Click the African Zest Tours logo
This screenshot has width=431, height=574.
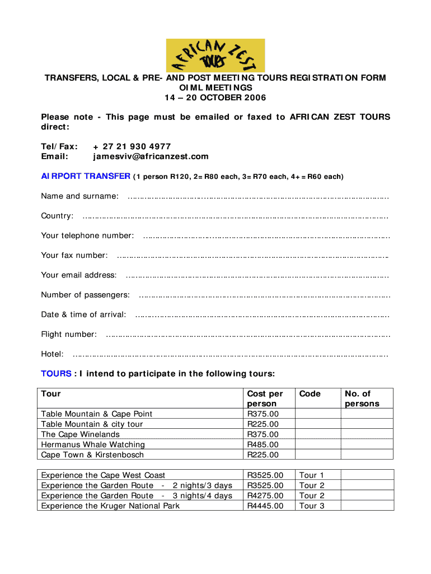click(x=215, y=55)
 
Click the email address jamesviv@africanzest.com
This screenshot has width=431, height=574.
click(x=151, y=156)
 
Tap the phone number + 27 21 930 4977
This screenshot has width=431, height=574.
click(x=132, y=146)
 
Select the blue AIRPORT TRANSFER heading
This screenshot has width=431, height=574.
click(x=86, y=176)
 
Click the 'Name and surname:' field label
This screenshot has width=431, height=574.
click(x=79, y=196)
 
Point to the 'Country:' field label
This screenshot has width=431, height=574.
click(x=57, y=216)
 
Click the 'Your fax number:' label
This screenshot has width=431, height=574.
click(x=74, y=255)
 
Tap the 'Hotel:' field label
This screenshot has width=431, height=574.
click(x=52, y=354)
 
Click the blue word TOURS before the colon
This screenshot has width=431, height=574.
click(x=56, y=374)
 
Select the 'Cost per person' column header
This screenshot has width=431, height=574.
click(x=265, y=399)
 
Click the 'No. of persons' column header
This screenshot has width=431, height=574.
click(x=362, y=399)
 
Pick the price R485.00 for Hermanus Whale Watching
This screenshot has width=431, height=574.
click(x=263, y=445)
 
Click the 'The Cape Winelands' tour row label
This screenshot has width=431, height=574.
click(x=80, y=434)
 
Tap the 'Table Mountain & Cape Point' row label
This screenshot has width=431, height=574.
click(x=96, y=414)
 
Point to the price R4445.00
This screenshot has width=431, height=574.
click(x=265, y=506)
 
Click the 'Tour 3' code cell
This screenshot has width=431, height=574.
click(x=312, y=506)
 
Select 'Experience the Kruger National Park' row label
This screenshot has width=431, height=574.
click(x=110, y=506)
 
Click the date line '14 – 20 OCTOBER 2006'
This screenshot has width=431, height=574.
click(x=215, y=98)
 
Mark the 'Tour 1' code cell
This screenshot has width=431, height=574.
click(x=312, y=475)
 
